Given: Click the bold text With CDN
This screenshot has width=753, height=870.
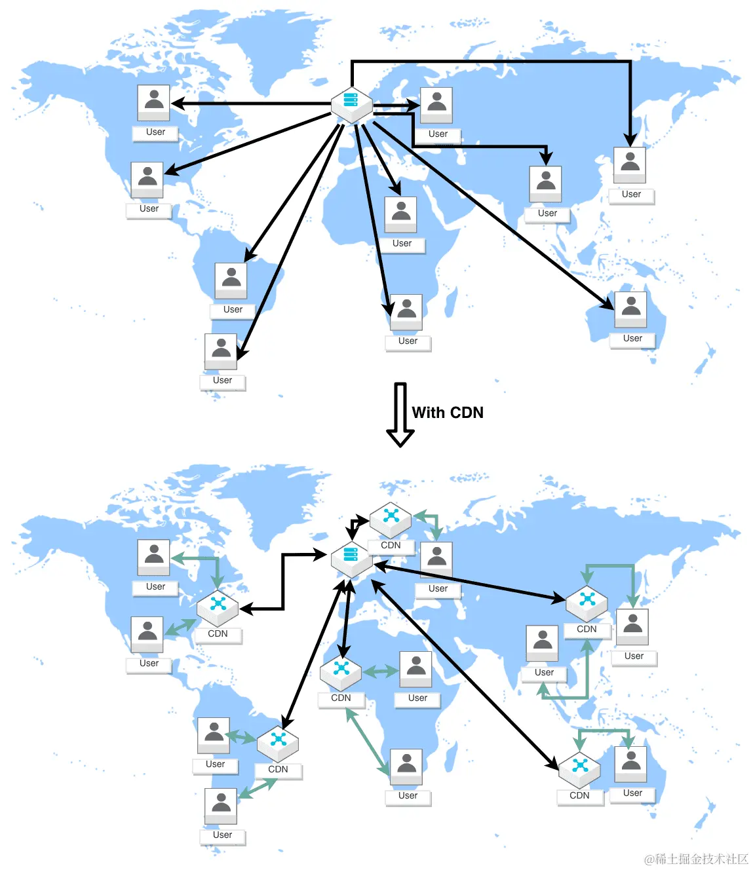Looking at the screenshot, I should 448,413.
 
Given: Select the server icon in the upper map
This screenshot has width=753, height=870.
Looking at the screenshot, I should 352,104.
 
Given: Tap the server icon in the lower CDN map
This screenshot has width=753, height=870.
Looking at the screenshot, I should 352,558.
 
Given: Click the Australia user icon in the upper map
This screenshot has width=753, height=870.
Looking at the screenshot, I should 630,309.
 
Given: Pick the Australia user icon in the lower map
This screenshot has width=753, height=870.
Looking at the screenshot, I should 630,763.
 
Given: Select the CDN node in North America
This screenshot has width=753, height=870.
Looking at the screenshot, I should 218,607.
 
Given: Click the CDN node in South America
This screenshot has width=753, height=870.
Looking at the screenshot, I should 278,743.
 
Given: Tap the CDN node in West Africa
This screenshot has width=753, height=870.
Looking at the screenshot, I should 341,672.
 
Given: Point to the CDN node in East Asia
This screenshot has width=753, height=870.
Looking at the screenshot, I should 587,603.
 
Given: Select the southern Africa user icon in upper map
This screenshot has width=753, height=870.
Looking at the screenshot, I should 406,312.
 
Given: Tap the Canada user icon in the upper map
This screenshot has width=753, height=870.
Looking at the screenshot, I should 154,102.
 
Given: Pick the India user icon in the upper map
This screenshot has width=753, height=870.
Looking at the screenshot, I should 546,183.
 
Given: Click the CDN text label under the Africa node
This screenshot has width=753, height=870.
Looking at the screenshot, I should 341,698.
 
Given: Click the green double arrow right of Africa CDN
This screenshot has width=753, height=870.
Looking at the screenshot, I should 381,671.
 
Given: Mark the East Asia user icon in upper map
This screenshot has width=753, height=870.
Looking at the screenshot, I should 630,164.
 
